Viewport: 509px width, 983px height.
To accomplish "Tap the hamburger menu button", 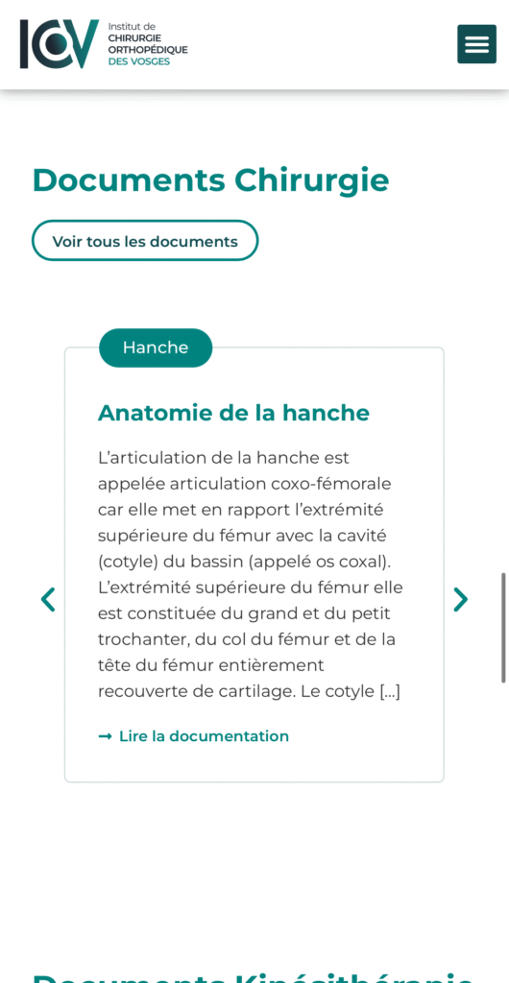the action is click(476, 44).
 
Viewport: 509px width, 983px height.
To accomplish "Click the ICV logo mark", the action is click(59, 44).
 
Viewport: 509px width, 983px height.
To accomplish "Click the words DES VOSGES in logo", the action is click(138, 61).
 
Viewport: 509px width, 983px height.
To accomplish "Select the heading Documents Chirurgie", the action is click(210, 180).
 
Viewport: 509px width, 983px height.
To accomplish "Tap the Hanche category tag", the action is click(156, 348).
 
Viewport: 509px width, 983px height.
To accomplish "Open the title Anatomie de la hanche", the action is click(233, 413).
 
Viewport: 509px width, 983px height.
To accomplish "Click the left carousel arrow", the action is click(48, 600).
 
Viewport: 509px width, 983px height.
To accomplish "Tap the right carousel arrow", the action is click(461, 600).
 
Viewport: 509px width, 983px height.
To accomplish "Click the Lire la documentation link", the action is click(204, 736).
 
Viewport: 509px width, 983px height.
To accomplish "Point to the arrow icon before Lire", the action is click(105, 736).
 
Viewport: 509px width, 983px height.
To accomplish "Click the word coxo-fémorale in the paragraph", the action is click(335, 484).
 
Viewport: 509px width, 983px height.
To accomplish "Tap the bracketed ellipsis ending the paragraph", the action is click(390, 691).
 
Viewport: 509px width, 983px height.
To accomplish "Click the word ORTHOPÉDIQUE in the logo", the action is click(148, 49).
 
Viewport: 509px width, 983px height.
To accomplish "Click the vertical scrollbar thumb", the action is click(503, 628).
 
